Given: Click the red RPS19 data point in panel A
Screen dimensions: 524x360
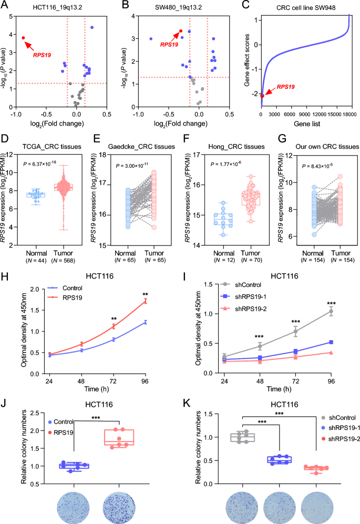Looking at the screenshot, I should (x=24, y=38).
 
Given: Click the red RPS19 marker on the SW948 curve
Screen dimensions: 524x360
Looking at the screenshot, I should (x=262, y=96).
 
